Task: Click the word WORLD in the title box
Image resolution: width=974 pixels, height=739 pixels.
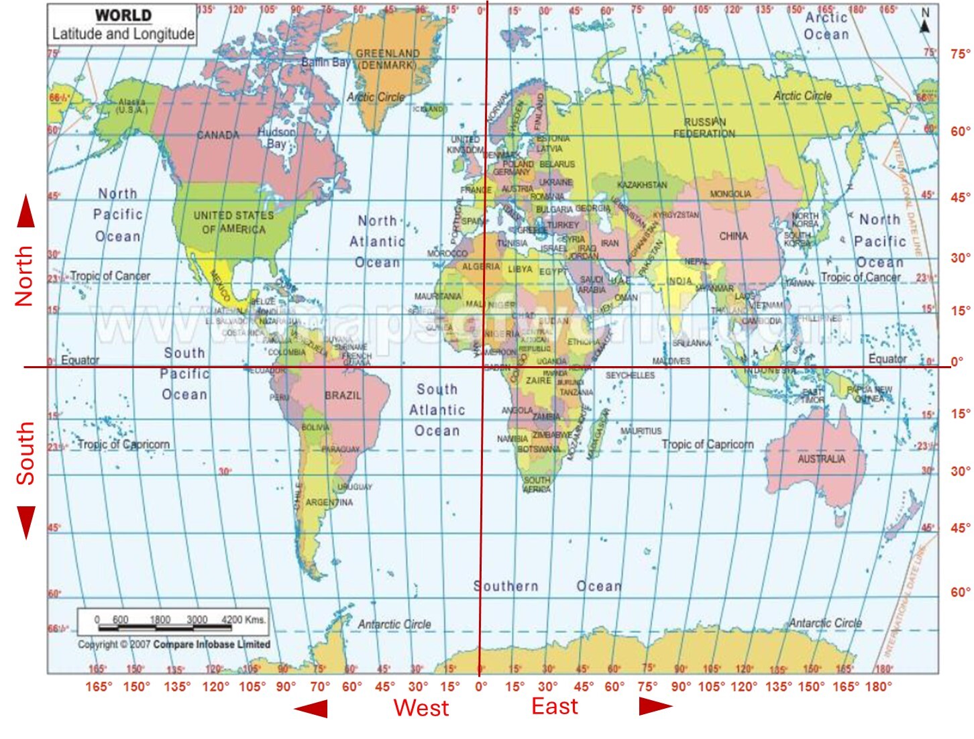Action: click(x=123, y=15)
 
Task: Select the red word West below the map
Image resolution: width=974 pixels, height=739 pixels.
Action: click(x=421, y=707)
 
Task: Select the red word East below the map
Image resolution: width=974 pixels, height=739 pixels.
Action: click(x=554, y=706)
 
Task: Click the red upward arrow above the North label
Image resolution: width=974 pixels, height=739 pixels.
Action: click(x=25, y=211)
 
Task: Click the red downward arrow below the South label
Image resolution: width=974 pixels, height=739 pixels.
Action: click(x=25, y=522)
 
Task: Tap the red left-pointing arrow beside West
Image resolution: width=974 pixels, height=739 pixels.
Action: click(x=311, y=708)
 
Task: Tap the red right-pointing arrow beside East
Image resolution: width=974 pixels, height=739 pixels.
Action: click(x=655, y=706)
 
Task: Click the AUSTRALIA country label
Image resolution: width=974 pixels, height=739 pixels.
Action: click(x=821, y=459)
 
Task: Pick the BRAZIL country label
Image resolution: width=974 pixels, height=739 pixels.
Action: click(x=343, y=396)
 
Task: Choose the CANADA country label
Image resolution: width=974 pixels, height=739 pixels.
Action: click(x=218, y=135)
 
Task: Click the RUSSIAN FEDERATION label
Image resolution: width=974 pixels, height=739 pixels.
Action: click(x=704, y=127)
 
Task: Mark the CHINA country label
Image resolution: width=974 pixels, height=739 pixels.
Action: click(x=733, y=236)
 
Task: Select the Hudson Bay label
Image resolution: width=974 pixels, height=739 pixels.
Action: click(x=276, y=137)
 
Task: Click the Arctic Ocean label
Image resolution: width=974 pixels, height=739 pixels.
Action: click(x=826, y=25)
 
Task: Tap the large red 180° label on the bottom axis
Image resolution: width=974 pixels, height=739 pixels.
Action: click(x=879, y=686)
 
